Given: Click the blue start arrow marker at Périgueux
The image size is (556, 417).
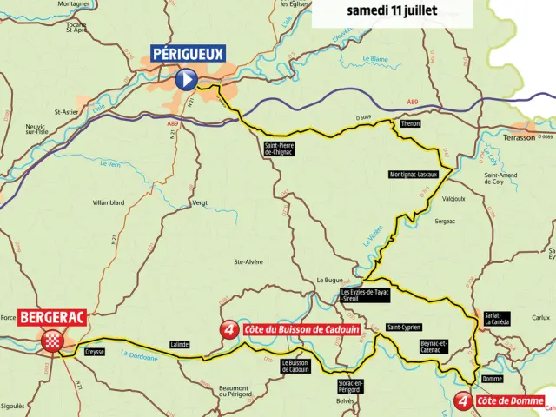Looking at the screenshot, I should click(x=186, y=80).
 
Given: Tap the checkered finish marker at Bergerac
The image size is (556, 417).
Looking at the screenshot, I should click(x=55, y=340).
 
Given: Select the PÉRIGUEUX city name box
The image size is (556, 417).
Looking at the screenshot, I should click(x=189, y=54).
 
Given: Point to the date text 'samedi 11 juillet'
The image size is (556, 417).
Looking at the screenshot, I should click(x=392, y=11).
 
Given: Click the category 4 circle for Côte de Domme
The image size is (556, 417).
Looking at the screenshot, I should click(x=464, y=402).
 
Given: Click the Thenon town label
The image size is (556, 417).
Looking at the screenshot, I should click(x=411, y=124).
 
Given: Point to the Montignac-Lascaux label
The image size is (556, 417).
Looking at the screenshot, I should click(x=413, y=175).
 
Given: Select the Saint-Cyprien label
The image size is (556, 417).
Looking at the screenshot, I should click(x=404, y=328).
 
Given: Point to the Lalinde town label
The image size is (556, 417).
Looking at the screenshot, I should click(x=180, y=345).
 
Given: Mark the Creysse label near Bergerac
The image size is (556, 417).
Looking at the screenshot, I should click(x=96, y=352).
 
